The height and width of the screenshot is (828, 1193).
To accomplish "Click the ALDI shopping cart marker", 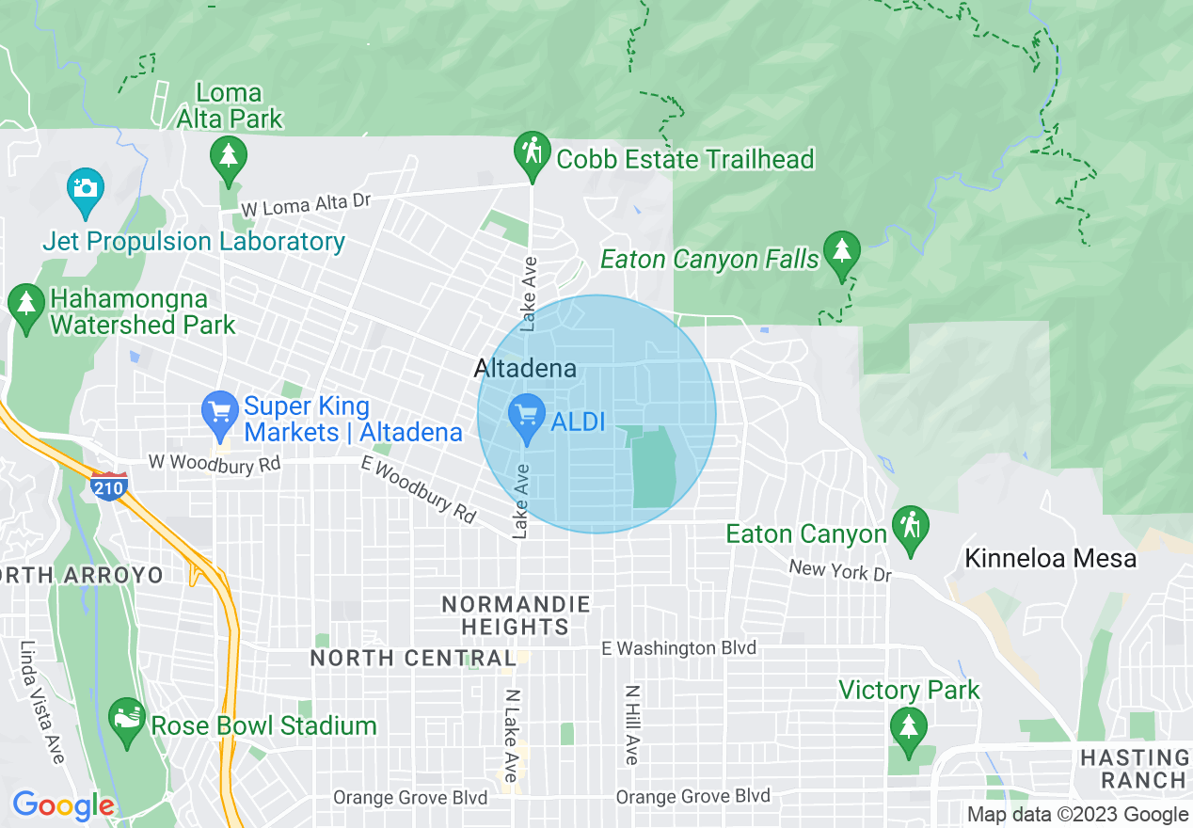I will tap(526, 415).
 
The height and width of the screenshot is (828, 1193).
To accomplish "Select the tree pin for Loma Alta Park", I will tap(229, 157).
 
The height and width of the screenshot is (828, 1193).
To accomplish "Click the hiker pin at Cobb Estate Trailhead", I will tap(532, 152).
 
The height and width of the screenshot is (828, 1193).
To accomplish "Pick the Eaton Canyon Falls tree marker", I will tap(841, 253).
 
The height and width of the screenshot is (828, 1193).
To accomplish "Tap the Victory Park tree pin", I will tap(908, 729).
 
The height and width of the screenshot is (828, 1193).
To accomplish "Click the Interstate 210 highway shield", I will tap(109, 486).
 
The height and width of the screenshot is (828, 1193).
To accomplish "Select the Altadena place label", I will tap(525, 368).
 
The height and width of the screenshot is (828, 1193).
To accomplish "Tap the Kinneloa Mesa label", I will tap(1050, 559).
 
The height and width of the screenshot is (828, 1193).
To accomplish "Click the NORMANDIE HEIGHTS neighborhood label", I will tap(516, 615).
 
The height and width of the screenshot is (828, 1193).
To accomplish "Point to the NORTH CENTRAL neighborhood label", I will tap(413, 659).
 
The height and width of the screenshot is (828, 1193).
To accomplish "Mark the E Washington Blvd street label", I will tap(678, 648).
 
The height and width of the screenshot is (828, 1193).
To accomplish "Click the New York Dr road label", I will tap(839, 570).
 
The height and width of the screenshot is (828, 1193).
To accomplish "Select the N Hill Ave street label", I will tap(632, 724).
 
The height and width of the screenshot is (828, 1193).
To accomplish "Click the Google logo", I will tap(63, 805).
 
